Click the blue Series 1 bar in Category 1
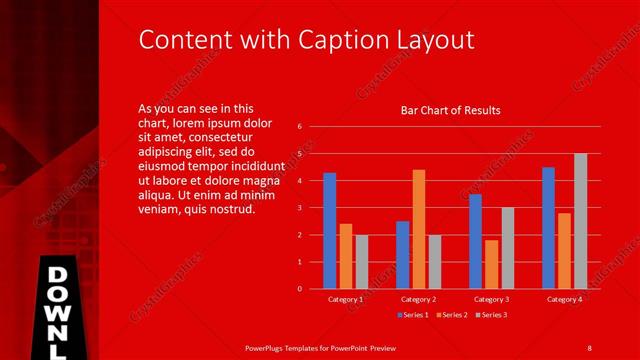tap(330, 231)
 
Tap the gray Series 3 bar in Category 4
tap(580, 221)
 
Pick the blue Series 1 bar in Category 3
tap(475, 241)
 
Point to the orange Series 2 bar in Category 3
tap(491, 264)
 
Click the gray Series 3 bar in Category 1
tap(362, 262)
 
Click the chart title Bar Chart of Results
tap(450, 110)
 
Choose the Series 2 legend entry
tap(452, 315)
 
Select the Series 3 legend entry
tap(489, 315)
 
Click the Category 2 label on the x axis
tap(418, 299)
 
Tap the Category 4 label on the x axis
tap(564, 299)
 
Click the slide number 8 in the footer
tap(589, 347)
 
